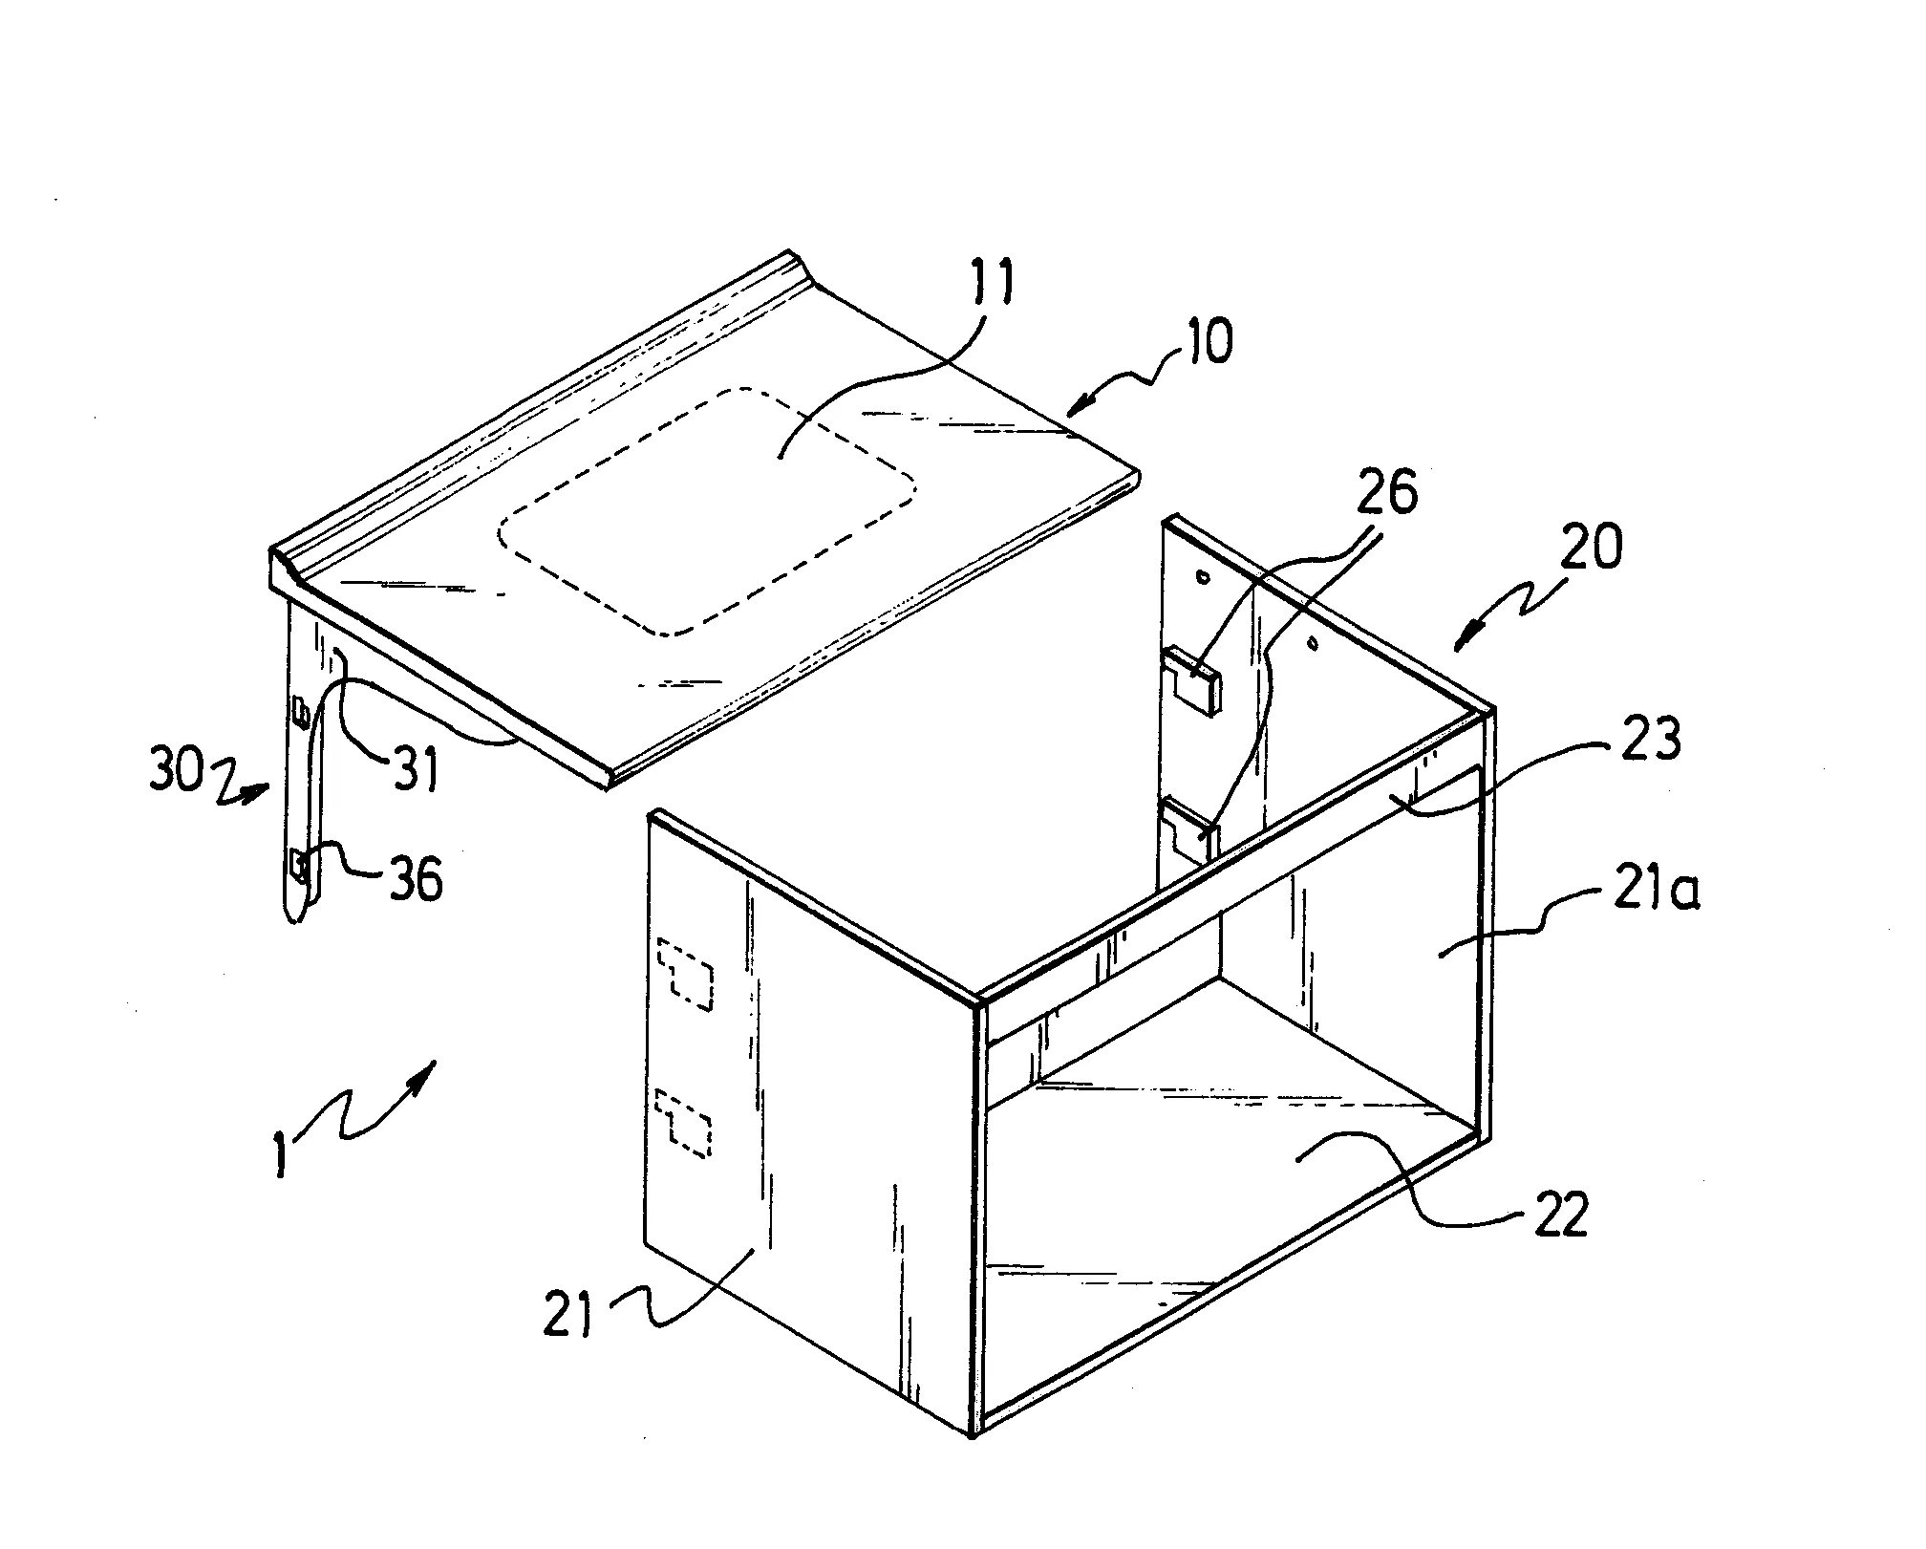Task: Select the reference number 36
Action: (x=414, y=877)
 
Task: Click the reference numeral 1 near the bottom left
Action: (x=280, y=1156)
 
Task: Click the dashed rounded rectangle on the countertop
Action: (x=707, y=511)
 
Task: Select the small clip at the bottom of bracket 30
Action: (x=300, y=866)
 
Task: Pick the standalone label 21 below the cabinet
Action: (x=568, y=1312)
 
